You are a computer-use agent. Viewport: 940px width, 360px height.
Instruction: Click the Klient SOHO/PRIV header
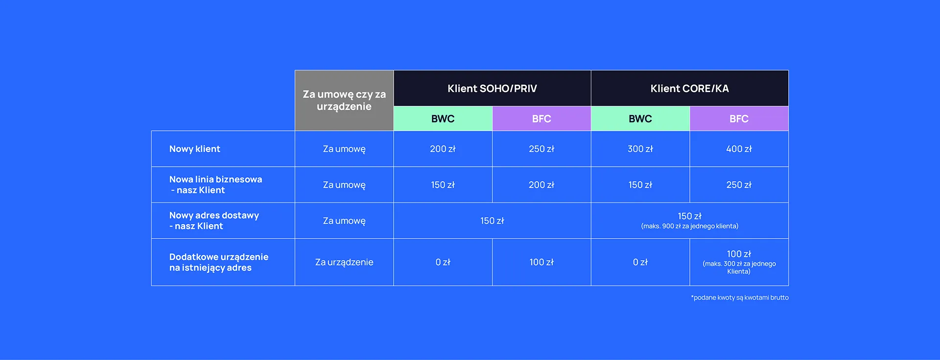coord(492,89)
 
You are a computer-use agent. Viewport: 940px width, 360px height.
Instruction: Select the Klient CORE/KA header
coord(689,89)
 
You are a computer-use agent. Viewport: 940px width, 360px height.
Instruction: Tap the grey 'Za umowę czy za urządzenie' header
coord(344,100)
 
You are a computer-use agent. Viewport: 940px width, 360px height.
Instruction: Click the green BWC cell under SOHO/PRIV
coord(443,119)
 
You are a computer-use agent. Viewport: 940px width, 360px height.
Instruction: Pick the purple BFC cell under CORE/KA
coord(739,119)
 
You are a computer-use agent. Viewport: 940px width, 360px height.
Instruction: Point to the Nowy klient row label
coord(195,149)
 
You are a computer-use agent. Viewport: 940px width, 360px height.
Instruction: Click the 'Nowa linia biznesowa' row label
coord(215,185)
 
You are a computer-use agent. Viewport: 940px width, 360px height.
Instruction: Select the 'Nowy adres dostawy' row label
coord(214,220)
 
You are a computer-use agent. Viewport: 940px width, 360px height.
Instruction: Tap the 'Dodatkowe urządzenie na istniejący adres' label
coord(218,262)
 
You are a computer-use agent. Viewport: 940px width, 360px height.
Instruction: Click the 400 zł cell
coord(739,149)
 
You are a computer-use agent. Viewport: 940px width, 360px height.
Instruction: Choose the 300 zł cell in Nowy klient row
coord(640,149)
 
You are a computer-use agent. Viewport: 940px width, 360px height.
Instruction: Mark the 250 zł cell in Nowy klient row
coord(541,149)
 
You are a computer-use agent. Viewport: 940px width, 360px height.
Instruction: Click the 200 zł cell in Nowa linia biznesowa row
coord(541,185)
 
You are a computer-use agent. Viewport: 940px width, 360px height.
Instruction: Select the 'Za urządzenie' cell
coord(344,262)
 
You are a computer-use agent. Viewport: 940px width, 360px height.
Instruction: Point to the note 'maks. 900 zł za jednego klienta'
coord(689,226)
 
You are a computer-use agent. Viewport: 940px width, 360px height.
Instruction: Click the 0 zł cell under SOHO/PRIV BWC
coord(443,262)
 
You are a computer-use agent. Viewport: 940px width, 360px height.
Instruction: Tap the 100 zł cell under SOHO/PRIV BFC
coord(541,262)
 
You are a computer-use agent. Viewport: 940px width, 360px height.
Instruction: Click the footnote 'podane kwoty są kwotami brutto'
coord(740,297)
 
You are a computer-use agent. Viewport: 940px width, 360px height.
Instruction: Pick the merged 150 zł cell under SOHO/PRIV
coord(492,221)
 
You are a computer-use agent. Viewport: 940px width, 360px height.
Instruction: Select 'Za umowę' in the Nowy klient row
coord(344,149)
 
